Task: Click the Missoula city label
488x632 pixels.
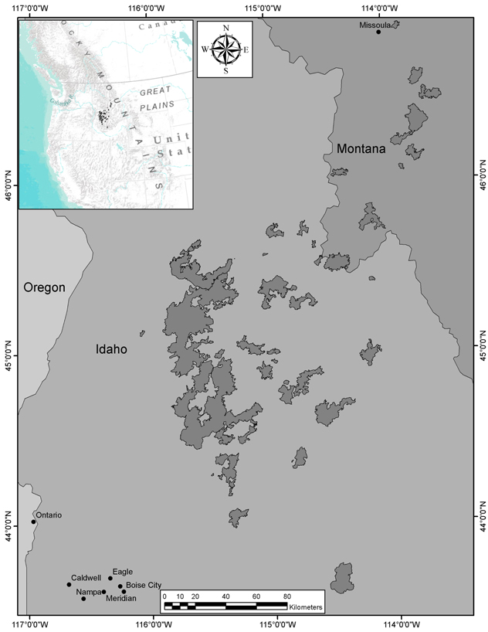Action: click(376, 25)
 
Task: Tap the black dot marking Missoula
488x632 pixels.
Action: click(378, 32)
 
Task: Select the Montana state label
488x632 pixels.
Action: click(361, 148)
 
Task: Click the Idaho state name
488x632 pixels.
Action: click(111, 349)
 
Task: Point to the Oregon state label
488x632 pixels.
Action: click(44, 287)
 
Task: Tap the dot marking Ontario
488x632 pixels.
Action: click(33, 522)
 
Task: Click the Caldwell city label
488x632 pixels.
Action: click(86, 577)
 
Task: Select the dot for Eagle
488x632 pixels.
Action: click(110, 578)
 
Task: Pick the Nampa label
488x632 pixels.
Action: click(89, 592)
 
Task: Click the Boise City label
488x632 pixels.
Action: click(144, 585)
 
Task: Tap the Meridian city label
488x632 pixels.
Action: click(120, 599)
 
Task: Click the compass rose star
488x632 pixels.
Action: click(225, 49)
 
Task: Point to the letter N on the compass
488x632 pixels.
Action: click(225, 29)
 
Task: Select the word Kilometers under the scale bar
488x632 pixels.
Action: click(302, 608)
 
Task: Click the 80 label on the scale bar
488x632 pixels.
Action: click(286, 596)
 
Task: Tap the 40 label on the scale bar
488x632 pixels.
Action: click(225, 596)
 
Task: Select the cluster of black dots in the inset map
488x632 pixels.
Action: click(103, 117)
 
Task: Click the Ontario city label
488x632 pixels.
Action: click(49, 515)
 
